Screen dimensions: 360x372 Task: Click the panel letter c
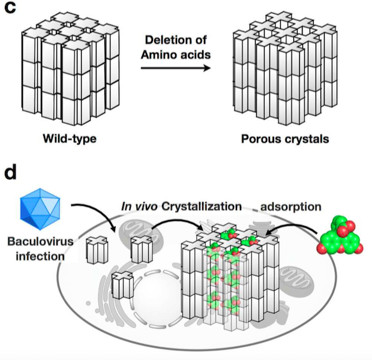(11, 11)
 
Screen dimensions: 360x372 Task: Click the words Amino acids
(175, 55)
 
